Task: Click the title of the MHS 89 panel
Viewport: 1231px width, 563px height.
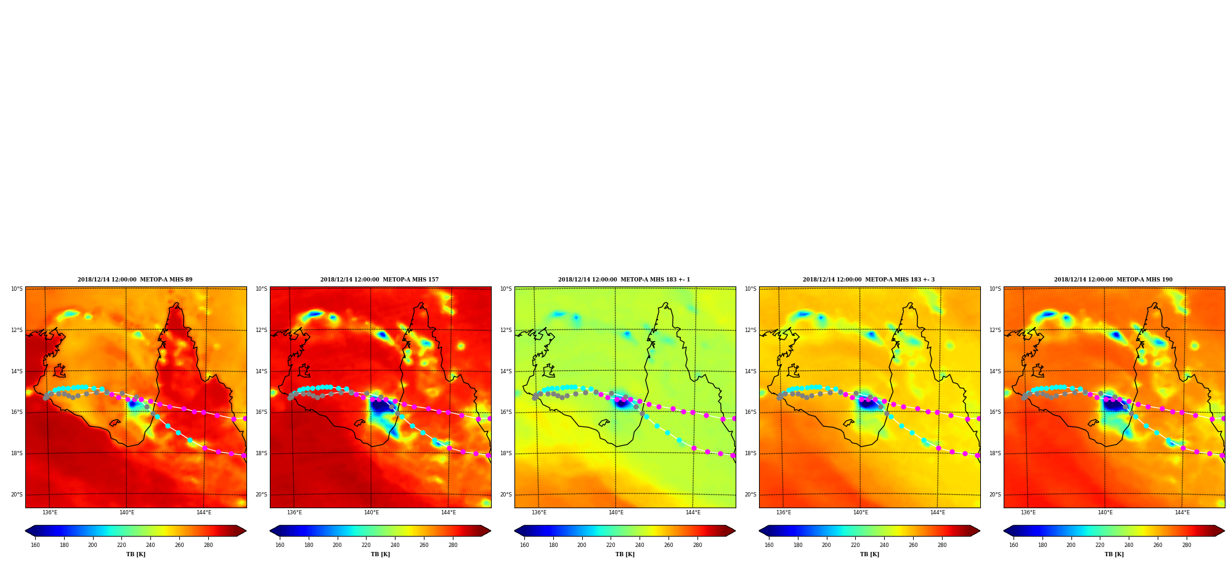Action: point(135,280)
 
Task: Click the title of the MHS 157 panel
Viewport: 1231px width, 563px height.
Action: point(380,280)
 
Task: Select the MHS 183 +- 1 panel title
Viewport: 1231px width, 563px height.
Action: point(624,280)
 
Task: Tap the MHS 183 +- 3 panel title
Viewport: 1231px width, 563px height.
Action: point(869,280)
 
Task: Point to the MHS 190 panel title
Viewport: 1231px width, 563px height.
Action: point(1113,280)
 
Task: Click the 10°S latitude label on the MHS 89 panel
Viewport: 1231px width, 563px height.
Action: point(17,289)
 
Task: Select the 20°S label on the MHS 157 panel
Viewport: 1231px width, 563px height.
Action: point(261,495)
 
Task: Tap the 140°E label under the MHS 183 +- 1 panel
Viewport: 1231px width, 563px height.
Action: point(616,512)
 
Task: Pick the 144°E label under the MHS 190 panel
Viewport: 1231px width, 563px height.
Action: point(1182,512)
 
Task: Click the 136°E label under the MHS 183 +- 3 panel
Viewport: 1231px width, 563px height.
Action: point(784,512)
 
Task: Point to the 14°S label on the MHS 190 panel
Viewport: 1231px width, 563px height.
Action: point(995,371)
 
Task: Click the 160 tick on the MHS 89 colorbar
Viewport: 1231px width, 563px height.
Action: point(35,545)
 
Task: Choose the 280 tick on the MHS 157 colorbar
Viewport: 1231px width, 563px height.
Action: point(453,545)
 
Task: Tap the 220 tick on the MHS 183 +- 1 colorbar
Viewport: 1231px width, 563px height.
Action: point(611,545)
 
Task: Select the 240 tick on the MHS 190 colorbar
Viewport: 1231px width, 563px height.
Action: point(1129,545)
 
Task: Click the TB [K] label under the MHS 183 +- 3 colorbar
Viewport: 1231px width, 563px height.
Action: point(869,554)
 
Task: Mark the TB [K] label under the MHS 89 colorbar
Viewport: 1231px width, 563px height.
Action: point(136,554)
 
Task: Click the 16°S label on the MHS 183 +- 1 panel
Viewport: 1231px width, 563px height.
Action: point(506,412)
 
